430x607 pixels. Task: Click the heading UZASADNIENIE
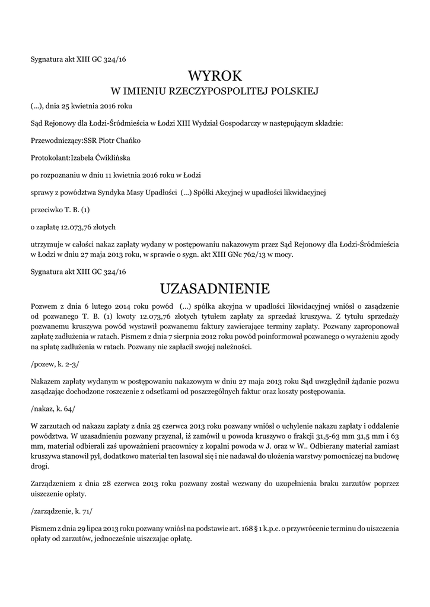[215, 289]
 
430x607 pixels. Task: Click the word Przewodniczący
[55, 140]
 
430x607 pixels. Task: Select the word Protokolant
[49, 158]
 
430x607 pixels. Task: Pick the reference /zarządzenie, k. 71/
[62, 510]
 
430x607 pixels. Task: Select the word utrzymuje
[47, 244]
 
